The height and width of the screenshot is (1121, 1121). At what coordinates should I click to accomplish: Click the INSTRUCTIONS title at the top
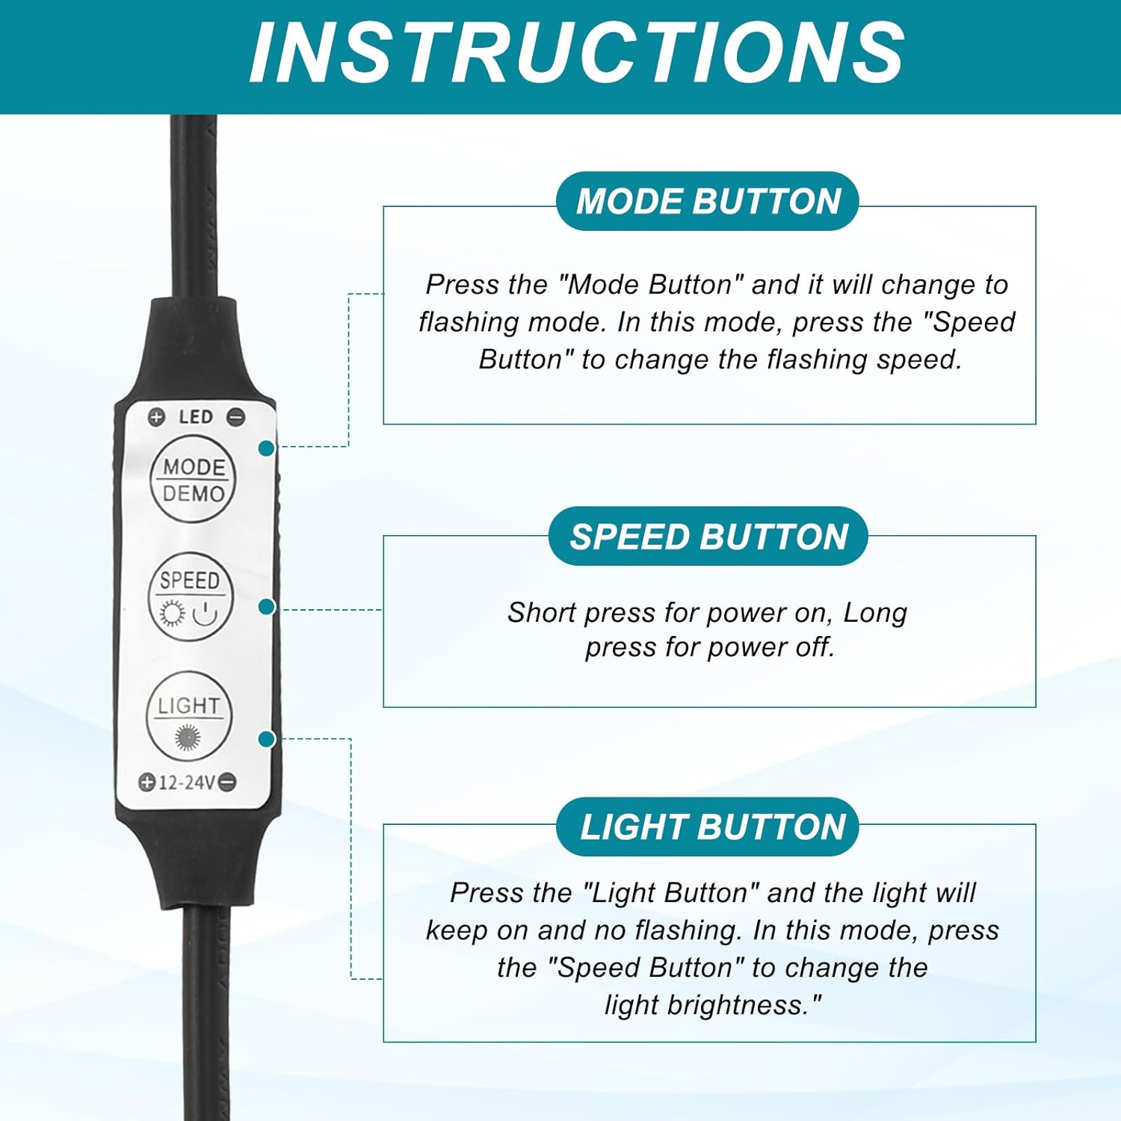click(577, 53)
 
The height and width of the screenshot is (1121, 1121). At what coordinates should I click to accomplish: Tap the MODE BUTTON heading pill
click(708, 201)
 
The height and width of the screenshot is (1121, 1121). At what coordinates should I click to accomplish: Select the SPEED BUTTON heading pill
click(708, 537)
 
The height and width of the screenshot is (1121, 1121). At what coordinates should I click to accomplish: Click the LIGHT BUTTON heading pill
click(708, 827)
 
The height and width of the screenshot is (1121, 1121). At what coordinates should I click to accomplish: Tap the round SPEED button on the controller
click(191, 596)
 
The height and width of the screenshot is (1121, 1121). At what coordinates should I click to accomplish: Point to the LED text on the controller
click(196, 417)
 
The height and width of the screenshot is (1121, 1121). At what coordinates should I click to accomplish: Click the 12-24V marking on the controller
click(187, 782)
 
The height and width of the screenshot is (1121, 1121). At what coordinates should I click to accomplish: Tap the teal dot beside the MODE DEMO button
click(266, 448)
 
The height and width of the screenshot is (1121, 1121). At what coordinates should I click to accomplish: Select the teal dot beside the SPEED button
click(266, 607)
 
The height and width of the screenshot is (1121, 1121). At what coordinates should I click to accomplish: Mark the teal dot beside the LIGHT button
click(266, 739)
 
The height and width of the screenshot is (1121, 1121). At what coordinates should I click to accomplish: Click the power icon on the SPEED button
click(206, 614)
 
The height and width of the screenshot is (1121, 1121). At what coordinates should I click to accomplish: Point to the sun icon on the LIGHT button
click(188, 738)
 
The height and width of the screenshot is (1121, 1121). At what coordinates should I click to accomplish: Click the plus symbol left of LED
click(156, 417)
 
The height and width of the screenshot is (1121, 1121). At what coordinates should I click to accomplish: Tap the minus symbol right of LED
click(235, 417)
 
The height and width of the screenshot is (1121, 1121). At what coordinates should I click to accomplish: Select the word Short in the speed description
click(543, 612)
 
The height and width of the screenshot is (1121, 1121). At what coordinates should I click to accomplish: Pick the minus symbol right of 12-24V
click(228, 782)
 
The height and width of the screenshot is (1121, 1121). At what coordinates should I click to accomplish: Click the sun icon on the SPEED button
click(172, 614)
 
